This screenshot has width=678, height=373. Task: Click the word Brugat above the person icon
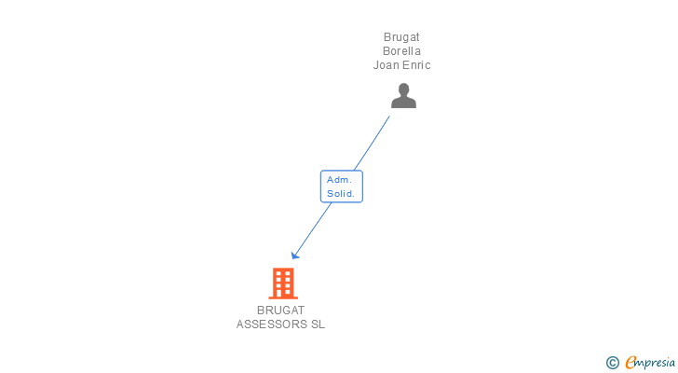(401, 37)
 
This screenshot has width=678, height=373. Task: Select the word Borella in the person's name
(401, 51)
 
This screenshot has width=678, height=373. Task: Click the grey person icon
(403, 96)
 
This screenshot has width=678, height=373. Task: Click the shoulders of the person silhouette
(403, 103)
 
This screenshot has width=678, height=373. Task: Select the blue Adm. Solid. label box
(342, 186)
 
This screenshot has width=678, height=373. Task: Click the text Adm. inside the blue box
(339, 180)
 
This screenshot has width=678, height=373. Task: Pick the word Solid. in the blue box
(341, 193)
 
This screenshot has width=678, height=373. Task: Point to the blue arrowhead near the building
(295, 256)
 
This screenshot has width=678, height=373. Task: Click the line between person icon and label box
(372, 144)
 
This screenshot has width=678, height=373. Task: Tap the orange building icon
(283, 283)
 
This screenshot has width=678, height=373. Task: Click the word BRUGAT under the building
(280, 311)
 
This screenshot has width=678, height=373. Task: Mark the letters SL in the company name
(318, 325)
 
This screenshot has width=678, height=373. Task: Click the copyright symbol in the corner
(612, 363)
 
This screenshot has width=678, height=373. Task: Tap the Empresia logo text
(650, 363)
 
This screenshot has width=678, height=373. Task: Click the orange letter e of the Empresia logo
(631, 362)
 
